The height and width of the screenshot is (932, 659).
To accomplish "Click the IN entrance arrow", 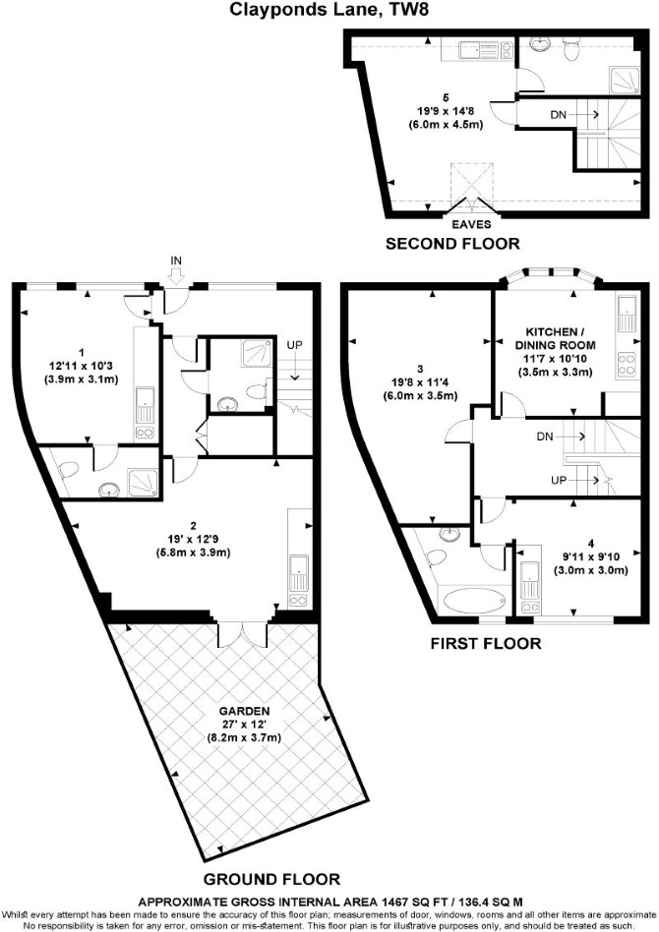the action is [x=176, y=274].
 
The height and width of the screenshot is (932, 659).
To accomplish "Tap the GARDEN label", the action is [x=244, y=711].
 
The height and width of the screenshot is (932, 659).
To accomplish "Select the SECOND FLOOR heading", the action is [x=452, y=244].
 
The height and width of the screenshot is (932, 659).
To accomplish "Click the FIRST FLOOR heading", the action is [x=486, y=643].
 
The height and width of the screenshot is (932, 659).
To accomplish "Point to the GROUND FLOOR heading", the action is [x=271, y=879].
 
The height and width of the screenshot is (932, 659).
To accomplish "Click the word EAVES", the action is [x=472, y=224].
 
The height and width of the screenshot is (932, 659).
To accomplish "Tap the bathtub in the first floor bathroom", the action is [x=474, y=601].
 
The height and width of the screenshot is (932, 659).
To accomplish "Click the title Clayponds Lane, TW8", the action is [x=329, y=10].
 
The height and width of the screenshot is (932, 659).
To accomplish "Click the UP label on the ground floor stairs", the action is [x=294, y=345].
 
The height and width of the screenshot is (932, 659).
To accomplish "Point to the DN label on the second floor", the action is [x=559, y=115].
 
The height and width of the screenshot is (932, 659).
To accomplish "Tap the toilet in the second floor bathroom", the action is [x=571, y=49].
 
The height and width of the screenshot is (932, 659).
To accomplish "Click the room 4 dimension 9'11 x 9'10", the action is [x=590, y=557].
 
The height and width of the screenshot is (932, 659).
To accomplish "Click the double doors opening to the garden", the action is [x=244, y=633].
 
